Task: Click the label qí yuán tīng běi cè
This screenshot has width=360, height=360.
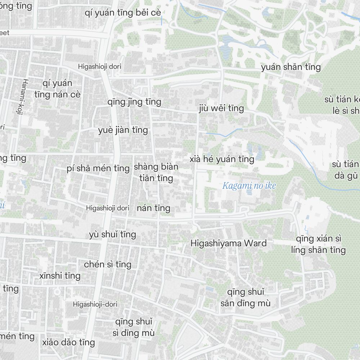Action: click(x=123, y=13)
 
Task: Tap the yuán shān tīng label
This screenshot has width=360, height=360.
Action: click(x=291, y=67)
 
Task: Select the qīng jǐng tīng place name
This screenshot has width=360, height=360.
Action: click(x=134, y=102)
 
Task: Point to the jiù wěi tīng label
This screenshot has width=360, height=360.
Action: click(x=221, y=108)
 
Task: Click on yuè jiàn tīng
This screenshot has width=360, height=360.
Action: click(x=123, y=130)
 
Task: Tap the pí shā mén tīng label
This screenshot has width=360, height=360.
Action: click(x=98, y=168)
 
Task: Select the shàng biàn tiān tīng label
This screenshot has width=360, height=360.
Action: click(x=156, y=172)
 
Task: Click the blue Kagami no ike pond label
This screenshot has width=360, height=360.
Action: click(x=249, y=186)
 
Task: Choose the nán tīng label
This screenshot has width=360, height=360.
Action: click(x=153, y=208)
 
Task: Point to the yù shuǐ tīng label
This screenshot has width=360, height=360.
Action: click(x=113, y=235)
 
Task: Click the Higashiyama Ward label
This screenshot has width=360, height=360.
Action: click(x=229, y=243)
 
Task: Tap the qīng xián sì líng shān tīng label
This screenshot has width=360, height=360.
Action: click(x=318, y=244)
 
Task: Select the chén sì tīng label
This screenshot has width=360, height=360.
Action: click(x=108, y=265)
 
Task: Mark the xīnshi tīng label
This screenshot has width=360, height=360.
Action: click(x=60, y=276)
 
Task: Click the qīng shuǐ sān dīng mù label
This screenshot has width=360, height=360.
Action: click(x=246, y=297)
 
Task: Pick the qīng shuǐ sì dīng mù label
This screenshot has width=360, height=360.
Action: click(x=134, y=327)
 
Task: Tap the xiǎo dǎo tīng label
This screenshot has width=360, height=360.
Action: click(x=68, y=342)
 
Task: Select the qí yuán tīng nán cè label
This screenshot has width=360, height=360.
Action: click(x=58, y=89)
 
